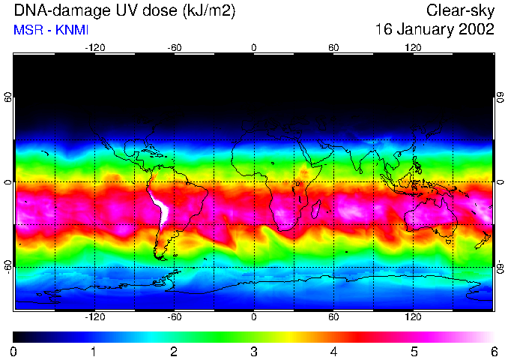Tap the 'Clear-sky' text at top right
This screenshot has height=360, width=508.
(460, 11)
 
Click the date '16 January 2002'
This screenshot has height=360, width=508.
(434, 30)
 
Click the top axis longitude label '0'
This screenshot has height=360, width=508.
(254, 47)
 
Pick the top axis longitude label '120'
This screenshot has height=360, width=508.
(413, 47)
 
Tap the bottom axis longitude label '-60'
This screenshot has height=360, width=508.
(175, 316)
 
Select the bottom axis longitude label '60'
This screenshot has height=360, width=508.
(333, 316)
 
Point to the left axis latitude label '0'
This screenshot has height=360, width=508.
(9, 182)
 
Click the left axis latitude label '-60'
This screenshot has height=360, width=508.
(9, 266)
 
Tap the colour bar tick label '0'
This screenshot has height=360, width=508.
(14, 351)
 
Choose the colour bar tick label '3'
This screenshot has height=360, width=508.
(253, 351)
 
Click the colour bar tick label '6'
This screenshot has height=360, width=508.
(492, 351)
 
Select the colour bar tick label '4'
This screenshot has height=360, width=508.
(333, 351)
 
